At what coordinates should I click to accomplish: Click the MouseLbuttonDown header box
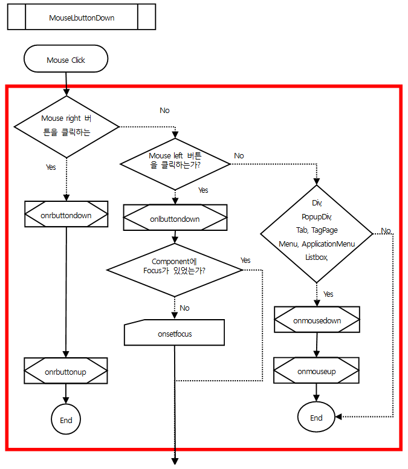tap(82, 18)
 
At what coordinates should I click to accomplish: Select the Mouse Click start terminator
tap(66, 60)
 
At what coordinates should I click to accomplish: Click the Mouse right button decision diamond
tap(66, 126)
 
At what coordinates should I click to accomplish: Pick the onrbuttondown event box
tap(66, 214)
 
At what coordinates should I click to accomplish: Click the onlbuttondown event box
tap(175, 218)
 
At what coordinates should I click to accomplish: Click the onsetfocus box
tap(175, 333)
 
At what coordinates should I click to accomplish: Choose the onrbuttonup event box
tap(66, 372)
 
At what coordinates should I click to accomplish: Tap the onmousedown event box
tap(317, 320)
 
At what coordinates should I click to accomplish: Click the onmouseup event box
tap(316, 371)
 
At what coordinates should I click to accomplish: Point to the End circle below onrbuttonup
tap(66, 420)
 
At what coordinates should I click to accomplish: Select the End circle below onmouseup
tap(316, 418)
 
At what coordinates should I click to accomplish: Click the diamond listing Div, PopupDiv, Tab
tap(316, 232)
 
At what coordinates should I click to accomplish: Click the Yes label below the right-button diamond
tap(51, 167)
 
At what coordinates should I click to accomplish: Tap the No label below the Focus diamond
tap(184, 308)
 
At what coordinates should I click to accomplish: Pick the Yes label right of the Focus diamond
tap(245, 260)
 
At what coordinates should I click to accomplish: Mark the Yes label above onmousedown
tap(328, 294)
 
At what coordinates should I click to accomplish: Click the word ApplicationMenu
tap(328, 244)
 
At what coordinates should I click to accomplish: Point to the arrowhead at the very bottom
tap(175, 461)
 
